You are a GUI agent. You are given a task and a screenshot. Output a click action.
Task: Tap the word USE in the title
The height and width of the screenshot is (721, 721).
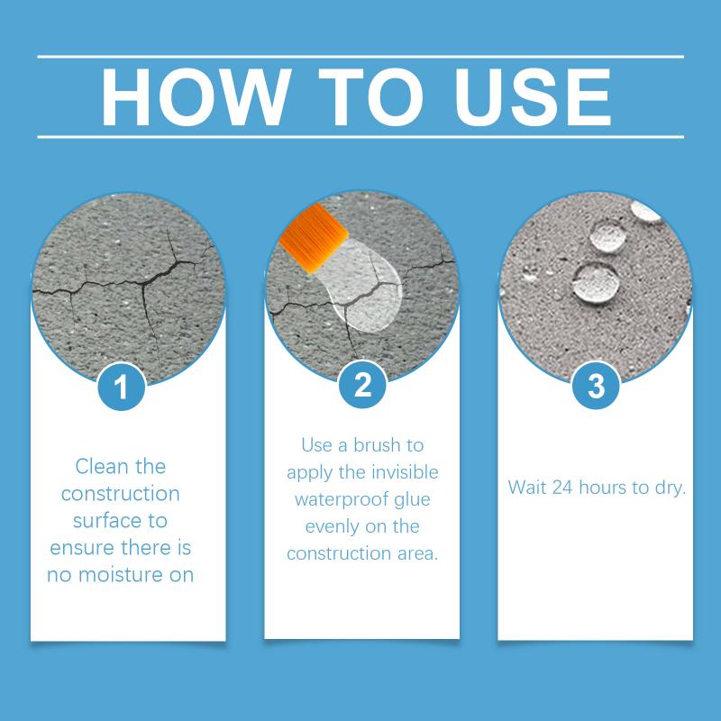pyautogui.click(x=533, y=96)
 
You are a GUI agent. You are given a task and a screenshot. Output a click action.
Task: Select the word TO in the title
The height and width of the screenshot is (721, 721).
pyautogui.click(x=370, y=96)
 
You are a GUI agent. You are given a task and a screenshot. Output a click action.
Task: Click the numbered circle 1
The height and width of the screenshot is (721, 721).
pyautogui.click(x=122, y=387)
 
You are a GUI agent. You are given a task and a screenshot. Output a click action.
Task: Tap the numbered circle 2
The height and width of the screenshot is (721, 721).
pyautogui.click(x=362, y=384)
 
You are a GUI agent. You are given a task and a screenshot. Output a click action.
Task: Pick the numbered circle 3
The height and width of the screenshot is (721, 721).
pyautogui.click(x=596, y=386)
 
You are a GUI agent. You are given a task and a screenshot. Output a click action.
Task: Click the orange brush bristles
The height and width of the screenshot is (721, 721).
pyautogui.click(x=314, y=238)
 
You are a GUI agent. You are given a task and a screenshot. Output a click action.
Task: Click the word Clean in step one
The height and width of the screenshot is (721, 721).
pyautogui.click(x=101, y=466)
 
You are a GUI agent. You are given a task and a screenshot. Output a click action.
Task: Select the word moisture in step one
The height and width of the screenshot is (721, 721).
pyautogui.click(x=121, y=575)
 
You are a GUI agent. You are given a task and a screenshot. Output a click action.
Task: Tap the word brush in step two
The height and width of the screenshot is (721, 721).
pyautogui.click(x=377, y=445)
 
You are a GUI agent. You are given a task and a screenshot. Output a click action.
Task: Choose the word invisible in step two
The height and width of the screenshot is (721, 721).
pyautogui.click(x=405, y=472)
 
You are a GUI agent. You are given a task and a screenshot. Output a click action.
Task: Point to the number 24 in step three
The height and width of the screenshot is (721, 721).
pyautogui.click(x=561, y=488)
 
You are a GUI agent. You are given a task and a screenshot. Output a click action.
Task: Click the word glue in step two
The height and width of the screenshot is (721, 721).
pyautogui.click(x=413, y=500)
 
